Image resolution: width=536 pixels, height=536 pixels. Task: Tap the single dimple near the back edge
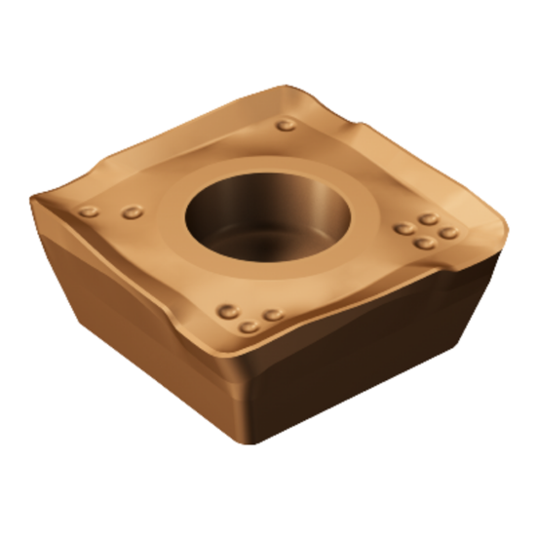(x=286, y=125)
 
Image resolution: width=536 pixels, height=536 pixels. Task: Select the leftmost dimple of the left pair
(x=89, y=211)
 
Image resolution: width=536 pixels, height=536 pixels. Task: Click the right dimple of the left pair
(x=133, y=211)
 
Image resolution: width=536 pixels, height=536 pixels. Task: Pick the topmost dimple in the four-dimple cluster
(x=427, y=219)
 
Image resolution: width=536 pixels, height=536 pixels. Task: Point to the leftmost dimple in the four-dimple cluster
(x=403, y=229)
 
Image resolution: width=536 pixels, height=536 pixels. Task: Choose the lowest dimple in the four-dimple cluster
(x=424, y=242)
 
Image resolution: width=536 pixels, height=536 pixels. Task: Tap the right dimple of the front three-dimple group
(x=274, y=314)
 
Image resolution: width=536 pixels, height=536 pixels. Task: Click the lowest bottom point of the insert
(x=255, y=443)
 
